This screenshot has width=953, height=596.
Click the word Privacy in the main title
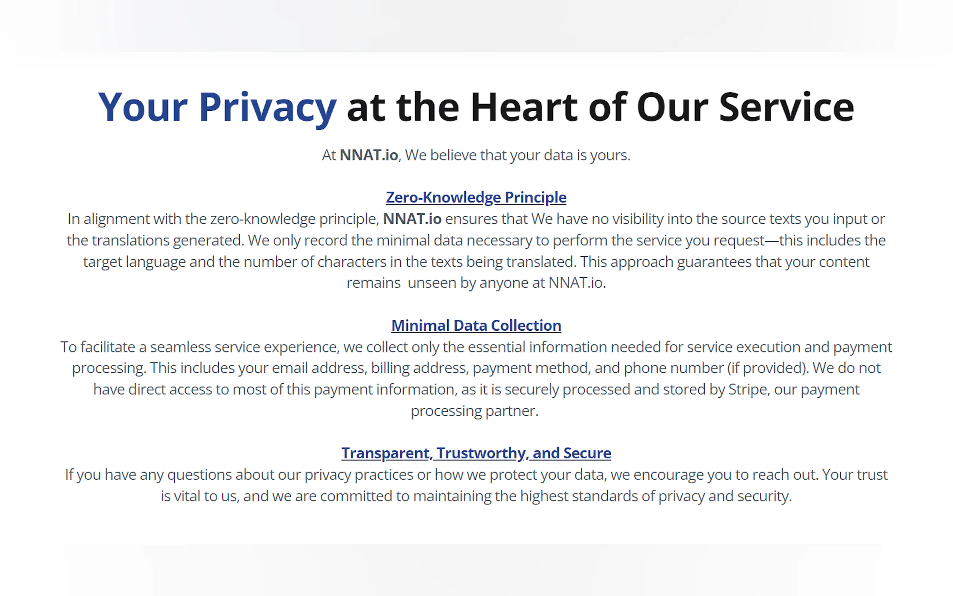268,108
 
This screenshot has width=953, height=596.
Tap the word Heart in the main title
525,107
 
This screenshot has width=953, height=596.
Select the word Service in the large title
786,107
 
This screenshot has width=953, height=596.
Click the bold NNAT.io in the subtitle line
369,155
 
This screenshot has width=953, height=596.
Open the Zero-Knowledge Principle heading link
476,197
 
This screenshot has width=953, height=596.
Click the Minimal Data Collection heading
476,326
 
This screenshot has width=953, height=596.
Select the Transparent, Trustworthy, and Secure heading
476,453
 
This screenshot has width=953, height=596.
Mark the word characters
352,262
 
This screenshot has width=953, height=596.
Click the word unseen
432,283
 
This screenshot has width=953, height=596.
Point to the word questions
199,475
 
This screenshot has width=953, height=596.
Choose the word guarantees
714,262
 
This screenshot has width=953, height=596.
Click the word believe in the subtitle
453,155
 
